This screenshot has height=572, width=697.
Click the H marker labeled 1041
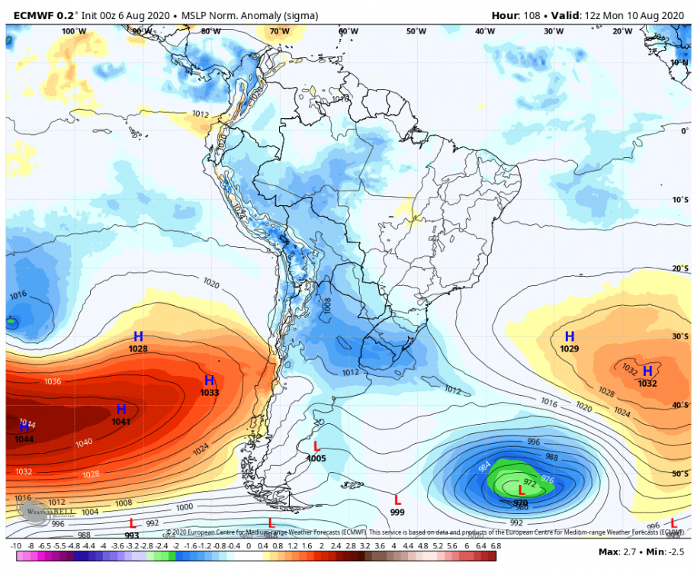(120, 410)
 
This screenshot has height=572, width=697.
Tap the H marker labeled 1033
(209, 381)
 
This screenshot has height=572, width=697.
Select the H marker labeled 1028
(138, 336)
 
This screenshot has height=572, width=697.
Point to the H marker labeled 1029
(569, 336)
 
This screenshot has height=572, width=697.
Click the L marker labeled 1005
(316, 446)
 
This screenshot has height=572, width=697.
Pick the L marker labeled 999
(397, 500)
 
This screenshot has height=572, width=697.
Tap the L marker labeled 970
(521, 490)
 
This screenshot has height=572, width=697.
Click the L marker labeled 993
(132, 523)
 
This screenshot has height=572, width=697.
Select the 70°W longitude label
(279, 31)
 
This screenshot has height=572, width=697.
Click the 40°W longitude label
(484, 31)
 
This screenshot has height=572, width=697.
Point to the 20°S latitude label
(679, 268)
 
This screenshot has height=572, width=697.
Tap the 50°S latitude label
(679, 474)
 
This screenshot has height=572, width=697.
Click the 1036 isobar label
(53, 381)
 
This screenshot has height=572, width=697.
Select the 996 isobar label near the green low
(534, 442)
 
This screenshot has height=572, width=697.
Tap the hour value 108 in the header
(532, 15)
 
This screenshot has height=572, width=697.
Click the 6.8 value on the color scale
(496, 546)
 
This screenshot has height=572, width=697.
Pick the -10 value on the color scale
(15, 546)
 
